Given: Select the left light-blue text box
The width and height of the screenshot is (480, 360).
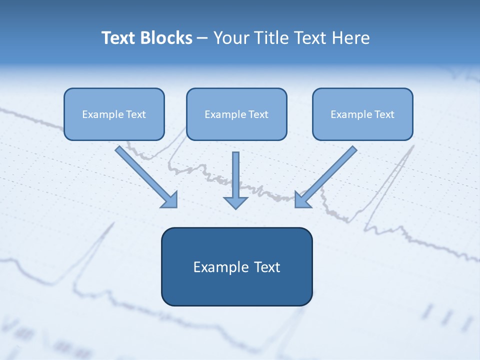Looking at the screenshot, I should [114, 114].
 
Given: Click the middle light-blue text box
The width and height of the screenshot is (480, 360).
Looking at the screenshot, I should [236, 114].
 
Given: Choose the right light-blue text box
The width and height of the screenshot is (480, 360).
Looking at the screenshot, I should [362, 114].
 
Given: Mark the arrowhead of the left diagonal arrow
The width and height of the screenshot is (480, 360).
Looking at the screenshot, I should [171, 201].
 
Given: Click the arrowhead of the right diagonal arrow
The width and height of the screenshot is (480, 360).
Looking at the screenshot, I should [301, 201].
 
